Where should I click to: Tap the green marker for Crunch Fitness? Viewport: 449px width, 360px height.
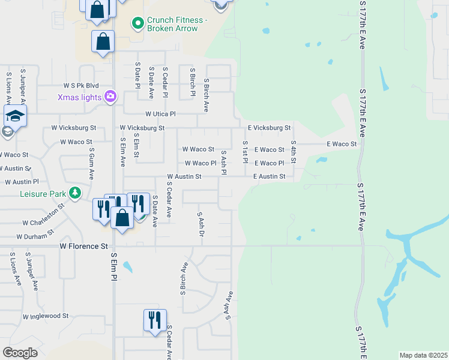[x=138, y=24]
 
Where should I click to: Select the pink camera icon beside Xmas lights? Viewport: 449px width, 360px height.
[x=110, y=96]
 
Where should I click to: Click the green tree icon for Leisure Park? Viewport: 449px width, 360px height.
[x=75, y=193]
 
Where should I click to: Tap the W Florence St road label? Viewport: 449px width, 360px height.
[x=83, y=246]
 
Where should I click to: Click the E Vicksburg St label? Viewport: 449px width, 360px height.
[x=270, y=128]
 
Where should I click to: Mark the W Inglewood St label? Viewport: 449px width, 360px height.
[x=46, y=316]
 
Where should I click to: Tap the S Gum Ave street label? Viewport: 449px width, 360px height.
[x=91, y=164]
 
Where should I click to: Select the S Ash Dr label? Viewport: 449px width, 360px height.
[x=200, y=223]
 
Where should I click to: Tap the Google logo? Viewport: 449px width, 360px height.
[x=20, y=353]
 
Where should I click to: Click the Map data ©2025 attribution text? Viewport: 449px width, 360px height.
[x=423, y=355]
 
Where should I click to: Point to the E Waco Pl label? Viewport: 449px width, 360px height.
[x=269, y=163]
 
